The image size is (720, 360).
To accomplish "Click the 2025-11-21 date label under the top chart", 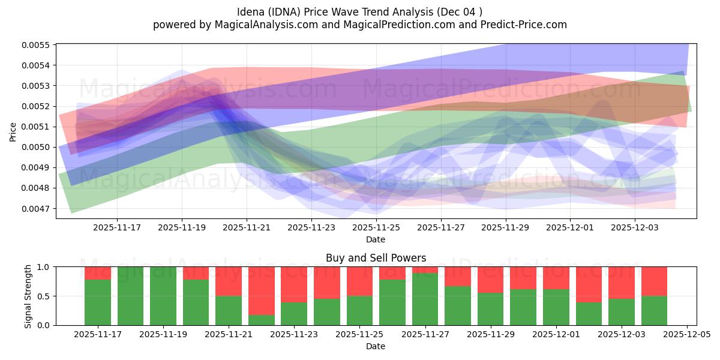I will (247, 228).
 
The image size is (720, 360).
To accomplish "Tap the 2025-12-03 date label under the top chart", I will (635, 228).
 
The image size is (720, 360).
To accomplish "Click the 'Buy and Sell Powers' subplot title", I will (376, 258).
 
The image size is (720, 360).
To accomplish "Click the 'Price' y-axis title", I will (13, 133).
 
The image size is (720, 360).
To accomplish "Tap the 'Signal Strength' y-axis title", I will (28, 296).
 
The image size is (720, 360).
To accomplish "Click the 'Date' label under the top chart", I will (376, 239).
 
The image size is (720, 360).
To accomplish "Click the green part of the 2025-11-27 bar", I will (425, 300).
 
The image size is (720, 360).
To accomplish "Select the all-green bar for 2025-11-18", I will (131, 296).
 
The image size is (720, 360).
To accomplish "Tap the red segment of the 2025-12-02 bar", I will (589, 284).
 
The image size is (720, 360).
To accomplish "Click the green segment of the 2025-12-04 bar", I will (654, 311).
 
